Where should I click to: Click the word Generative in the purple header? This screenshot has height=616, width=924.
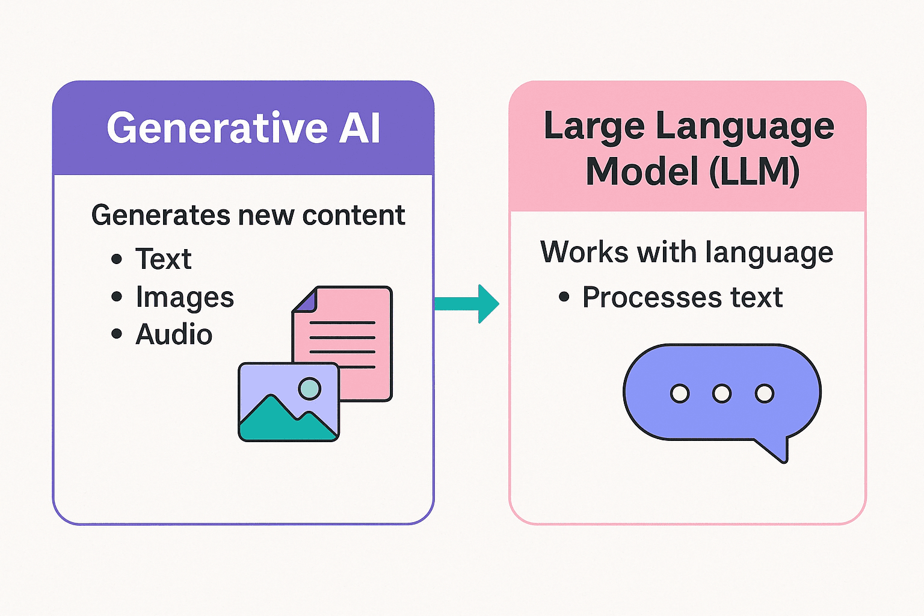217,128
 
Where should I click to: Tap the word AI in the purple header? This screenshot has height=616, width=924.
360,128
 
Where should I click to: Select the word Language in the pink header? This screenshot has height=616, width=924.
744,128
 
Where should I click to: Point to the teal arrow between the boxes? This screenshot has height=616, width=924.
467,303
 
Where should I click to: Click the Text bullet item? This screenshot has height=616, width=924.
163,259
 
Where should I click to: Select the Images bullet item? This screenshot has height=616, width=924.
184,297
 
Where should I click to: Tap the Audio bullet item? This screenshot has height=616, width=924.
174,334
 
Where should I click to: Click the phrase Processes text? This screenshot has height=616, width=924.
682,297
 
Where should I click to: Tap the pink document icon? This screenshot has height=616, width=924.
355,337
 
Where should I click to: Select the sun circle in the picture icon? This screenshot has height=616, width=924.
310,389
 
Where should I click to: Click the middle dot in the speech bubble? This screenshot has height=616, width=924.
722,394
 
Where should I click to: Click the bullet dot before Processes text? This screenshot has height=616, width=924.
564,297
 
